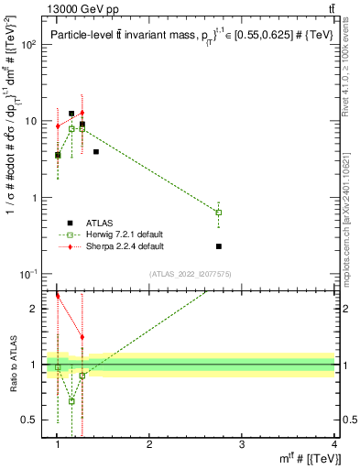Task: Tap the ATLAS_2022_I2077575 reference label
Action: tap(197, 274)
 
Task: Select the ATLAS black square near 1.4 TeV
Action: tap(96, 151)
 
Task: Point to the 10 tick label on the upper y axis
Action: tap(32, 121)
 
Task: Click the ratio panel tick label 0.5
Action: tap(32, 420)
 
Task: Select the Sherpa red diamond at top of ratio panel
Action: tap(58, 296)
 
